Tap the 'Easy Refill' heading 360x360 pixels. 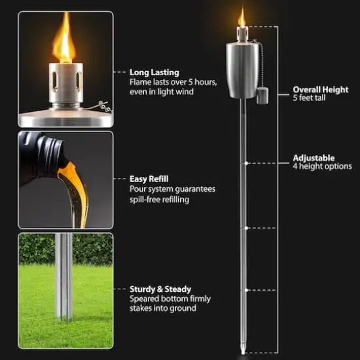pyautogui.click(x=149, y=178)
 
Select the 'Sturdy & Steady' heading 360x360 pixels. pyautogui.click(x=160, y=289)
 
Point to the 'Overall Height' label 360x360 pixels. pyautogui.click(x=321, y=90)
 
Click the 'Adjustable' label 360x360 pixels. pyautogui.click(x=314, y=158)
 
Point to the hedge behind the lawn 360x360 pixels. pyautogui.click(x=65, y=249)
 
